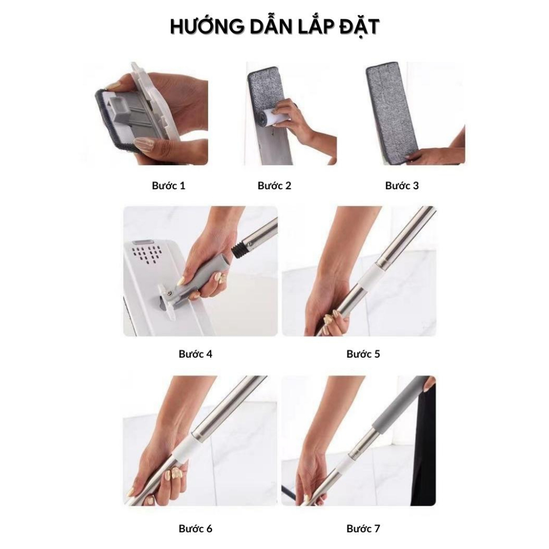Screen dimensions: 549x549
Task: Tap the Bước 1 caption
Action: (168, 186)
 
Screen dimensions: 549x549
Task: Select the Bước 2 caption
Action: (274, 186)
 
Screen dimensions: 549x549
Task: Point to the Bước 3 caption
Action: (402, 186)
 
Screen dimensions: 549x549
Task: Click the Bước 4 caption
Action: (195, 354)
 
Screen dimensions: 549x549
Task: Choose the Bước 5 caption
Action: (363, 354)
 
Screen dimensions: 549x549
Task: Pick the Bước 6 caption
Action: (195, 528)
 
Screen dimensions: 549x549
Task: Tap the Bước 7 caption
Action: (363, 528)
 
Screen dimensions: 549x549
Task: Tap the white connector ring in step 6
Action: (183, 450)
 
